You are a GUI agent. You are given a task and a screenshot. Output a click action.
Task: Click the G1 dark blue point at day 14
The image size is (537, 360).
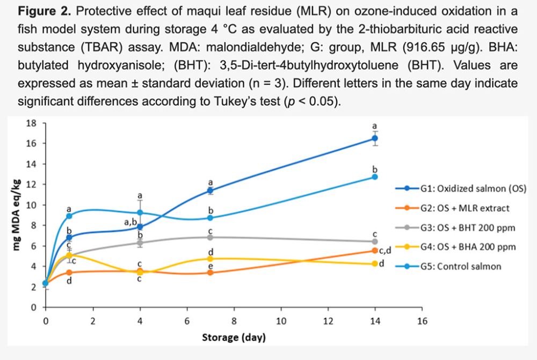[x=375, y=138]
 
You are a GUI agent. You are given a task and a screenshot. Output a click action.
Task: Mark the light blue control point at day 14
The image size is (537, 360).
[x=375, y=177]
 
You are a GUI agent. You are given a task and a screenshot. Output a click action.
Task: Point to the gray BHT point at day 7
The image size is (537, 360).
[x=211, y=237]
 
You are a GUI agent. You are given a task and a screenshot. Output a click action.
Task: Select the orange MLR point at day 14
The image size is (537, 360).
[x=375, y=251]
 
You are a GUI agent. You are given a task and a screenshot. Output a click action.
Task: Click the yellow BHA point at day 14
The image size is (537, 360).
[x=375, y=263]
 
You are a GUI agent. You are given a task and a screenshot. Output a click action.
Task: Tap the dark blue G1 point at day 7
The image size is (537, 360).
[x=211, y=190]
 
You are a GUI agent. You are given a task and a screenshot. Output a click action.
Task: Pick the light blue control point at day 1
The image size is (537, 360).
[x=69, y=216]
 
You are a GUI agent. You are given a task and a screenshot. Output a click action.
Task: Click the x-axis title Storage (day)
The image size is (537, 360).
[x=234, y=338]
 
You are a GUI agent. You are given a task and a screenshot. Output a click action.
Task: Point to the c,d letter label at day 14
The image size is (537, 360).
[x=388, y=251]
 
